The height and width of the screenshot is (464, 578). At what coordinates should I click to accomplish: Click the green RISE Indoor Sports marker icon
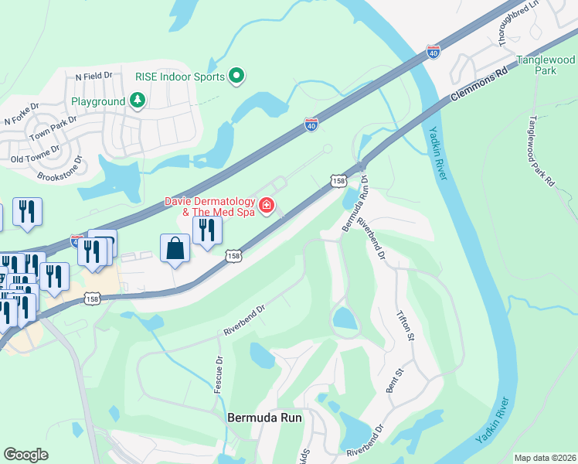click(x=237, y=76)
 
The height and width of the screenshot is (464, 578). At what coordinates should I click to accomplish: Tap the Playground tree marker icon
click(x=137, y=101)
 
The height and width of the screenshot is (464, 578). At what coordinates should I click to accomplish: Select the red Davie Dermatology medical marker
click(x=267, y=205)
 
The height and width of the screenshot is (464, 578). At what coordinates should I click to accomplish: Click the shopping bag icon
click(x=175, y=249)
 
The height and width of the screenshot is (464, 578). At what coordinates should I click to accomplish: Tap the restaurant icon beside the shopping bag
click(x=207, y=230)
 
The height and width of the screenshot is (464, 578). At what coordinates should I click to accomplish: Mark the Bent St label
click(x=392, y=381)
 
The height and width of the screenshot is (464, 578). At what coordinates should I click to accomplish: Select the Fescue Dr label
click(x=219, y=373)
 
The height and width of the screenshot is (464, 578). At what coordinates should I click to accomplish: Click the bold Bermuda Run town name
click(x=264, y=417)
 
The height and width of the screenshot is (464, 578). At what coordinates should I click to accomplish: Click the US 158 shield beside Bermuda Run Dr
click(x=338, y=180)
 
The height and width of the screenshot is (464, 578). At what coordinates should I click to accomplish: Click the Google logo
click(x=26, y=455)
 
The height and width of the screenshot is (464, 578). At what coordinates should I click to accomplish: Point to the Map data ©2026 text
click(x=544, y=458)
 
